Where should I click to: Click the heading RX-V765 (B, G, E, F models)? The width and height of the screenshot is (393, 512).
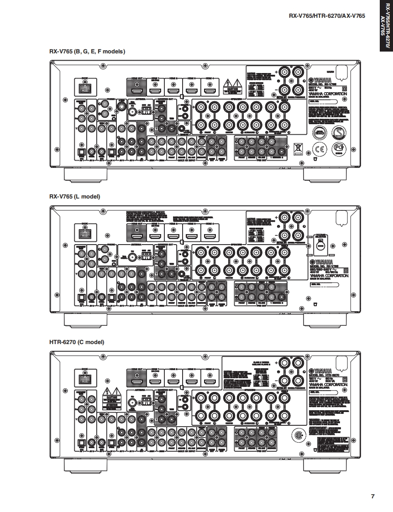coord(87,52)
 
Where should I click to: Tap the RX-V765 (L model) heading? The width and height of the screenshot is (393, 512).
coord(74,197)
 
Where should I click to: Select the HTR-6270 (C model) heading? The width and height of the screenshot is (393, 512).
coord(77,342)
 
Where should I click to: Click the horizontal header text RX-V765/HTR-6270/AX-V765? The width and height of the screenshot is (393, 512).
coord(327,16)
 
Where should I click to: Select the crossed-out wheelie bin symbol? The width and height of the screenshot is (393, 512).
coord(298,148)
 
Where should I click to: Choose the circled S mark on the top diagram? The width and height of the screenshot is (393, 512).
coord(338,132)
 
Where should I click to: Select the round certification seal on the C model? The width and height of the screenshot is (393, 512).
coord(299,434)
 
